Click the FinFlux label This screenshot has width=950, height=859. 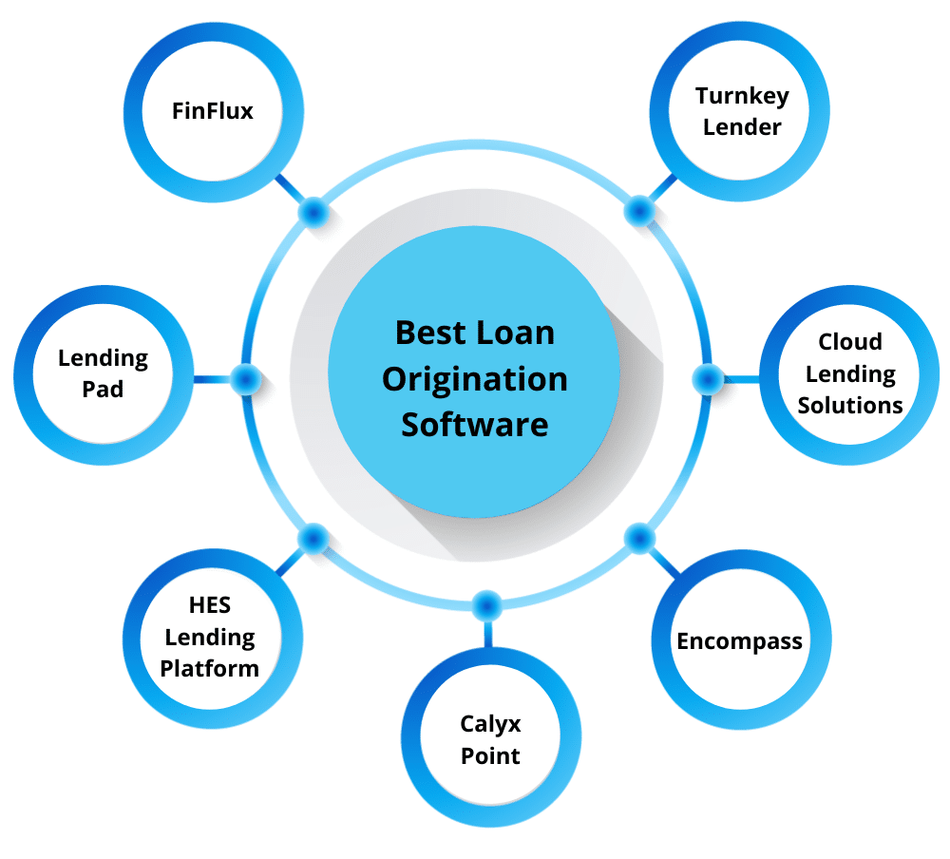213,111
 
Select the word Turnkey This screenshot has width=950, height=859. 742,96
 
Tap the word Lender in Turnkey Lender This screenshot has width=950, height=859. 742,126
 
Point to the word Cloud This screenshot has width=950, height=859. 850,342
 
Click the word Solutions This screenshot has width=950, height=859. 850,405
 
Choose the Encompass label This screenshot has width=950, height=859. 739,641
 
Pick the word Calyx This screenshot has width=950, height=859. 490,724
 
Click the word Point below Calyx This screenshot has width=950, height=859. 490,756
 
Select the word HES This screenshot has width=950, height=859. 209,605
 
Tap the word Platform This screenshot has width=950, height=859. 209,668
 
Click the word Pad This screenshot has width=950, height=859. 103,390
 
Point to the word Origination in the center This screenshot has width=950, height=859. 474,379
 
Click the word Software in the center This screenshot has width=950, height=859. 474,424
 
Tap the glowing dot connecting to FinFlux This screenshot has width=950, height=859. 313,211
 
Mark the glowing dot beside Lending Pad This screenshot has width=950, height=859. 245,379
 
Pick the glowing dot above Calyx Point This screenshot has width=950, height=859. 487,605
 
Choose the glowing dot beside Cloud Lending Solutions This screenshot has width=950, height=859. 707,379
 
